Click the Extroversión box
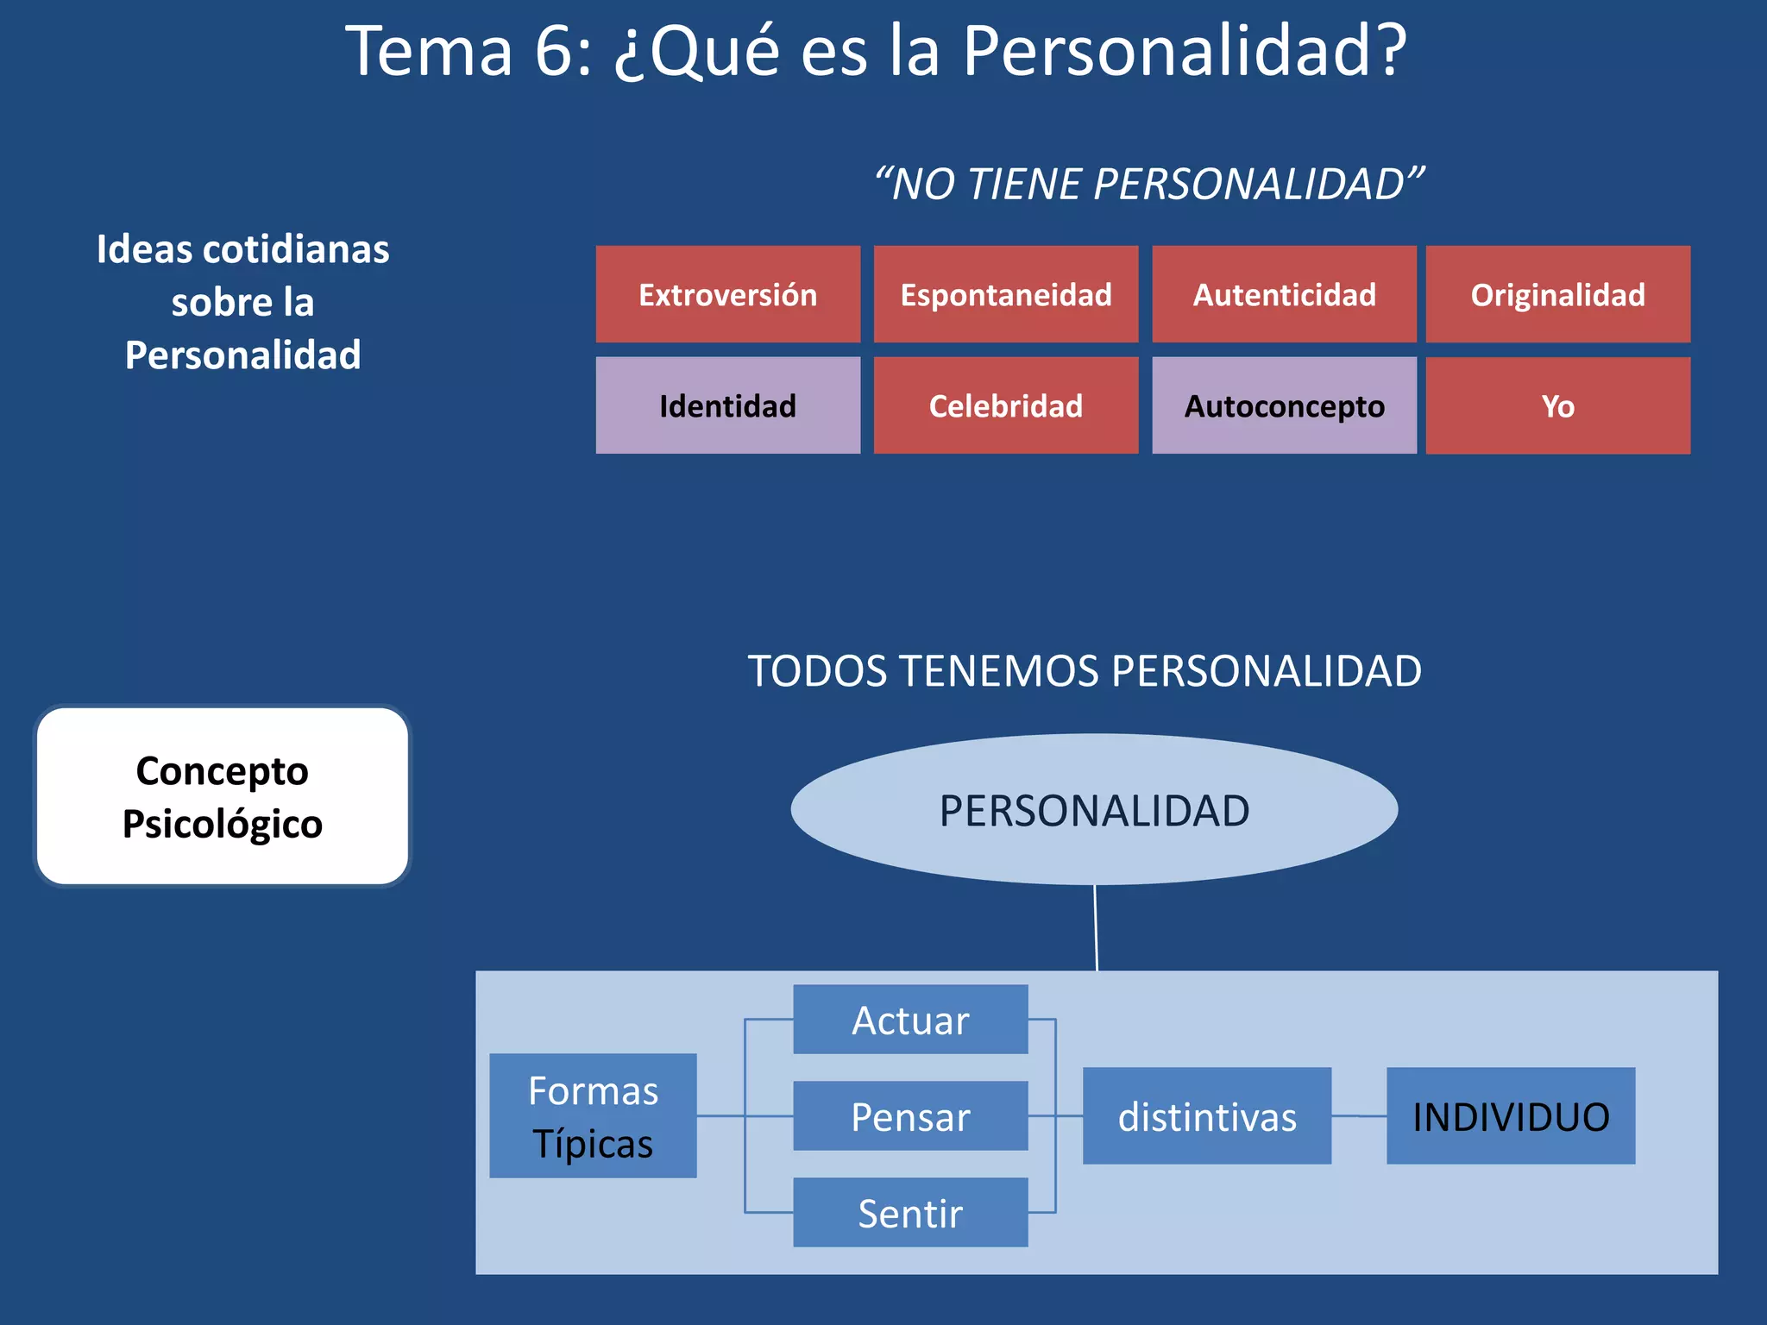[727, 294]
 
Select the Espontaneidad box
[1006, 294]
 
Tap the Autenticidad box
[1284, 294]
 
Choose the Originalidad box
[1557, 294]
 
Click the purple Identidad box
[727, 405]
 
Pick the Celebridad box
[1006, 405]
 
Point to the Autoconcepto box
[1284, 405]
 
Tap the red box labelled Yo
[1557, 405]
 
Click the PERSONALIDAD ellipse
[1094, 810]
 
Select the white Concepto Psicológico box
[223, 796]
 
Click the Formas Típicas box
[593, 1115]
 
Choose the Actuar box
[910, 1020]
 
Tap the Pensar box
[910, 1116]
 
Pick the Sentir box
[910, 1212]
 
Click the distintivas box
[1207, 1116]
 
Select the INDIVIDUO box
[1511, 1116]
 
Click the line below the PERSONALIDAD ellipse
[1096, 928]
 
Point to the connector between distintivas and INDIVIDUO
[1359, 1116]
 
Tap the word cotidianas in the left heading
[296, 249]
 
